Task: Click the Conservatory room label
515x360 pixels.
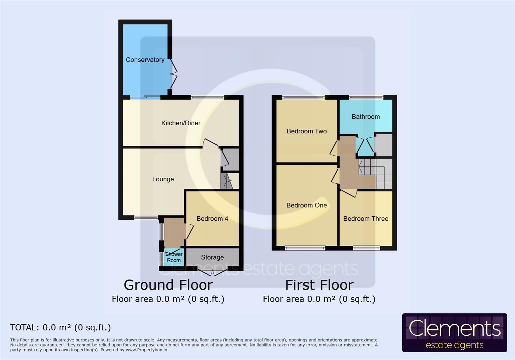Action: click(x=145, y=60)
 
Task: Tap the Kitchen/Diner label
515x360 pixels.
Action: click(x=181, y=123)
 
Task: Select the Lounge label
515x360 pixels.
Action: click(x=163, y=179)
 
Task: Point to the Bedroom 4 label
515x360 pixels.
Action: click(x=212, y=219)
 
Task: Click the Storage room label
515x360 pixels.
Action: click(x=212, y=257)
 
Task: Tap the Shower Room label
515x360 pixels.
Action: click(x=174, y=257)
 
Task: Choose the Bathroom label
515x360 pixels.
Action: click(x=366, y=117)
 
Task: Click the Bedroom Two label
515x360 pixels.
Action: click(x=307, y=131)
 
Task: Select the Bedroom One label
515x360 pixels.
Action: click(x=307, y=205)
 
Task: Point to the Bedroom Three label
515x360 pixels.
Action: click(x=366, y=219)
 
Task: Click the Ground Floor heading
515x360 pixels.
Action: click(x=168, y=285)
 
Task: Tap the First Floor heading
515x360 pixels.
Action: click(x=319, y=285)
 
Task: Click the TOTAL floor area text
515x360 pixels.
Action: click(x=60, y=328)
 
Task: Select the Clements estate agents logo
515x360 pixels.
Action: click(x=454, y=333)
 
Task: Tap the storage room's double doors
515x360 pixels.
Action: click(x=212, y=272)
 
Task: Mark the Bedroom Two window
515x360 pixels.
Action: click(x=303, y=97)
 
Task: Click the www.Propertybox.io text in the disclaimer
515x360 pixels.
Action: click(x=146, y=350)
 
